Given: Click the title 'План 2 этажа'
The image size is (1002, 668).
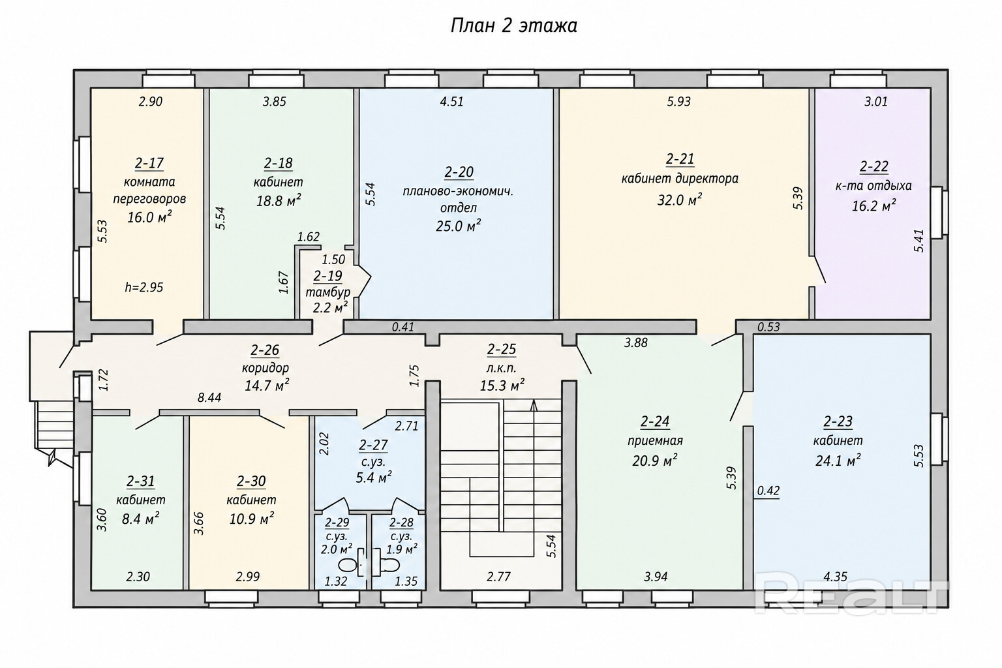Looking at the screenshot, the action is point(513,26).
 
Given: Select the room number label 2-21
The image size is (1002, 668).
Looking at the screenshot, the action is point(680,159).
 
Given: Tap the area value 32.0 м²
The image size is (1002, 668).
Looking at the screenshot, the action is point(679,200).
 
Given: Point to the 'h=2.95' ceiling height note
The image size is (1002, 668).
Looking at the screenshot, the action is point(144,287).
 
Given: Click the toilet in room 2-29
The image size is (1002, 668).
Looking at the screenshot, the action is point(348,565).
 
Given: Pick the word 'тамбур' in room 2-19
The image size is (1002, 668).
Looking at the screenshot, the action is point(328,293).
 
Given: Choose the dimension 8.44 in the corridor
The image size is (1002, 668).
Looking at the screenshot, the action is point(209,398).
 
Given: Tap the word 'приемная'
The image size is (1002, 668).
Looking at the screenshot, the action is point(656,441).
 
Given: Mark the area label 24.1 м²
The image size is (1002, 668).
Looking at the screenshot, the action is point(838,461).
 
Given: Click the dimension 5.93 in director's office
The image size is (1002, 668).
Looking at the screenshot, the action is point(679,102).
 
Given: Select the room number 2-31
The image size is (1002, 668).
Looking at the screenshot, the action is point(140,481).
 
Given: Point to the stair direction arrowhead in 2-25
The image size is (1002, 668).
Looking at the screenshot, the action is point(534,405).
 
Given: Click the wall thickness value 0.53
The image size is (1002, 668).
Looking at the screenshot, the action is point(768,327).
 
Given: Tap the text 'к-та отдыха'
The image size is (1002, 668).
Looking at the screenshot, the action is point(873,186).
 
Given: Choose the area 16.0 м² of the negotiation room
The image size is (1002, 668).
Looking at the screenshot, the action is point(150,217).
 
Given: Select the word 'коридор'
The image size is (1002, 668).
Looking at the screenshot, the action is point(266,368).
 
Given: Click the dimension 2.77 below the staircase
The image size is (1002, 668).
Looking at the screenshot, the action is point(499,577).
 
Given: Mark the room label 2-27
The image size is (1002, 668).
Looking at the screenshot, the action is point(373,445).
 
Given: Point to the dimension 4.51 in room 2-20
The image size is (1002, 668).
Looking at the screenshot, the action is point(452,102).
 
